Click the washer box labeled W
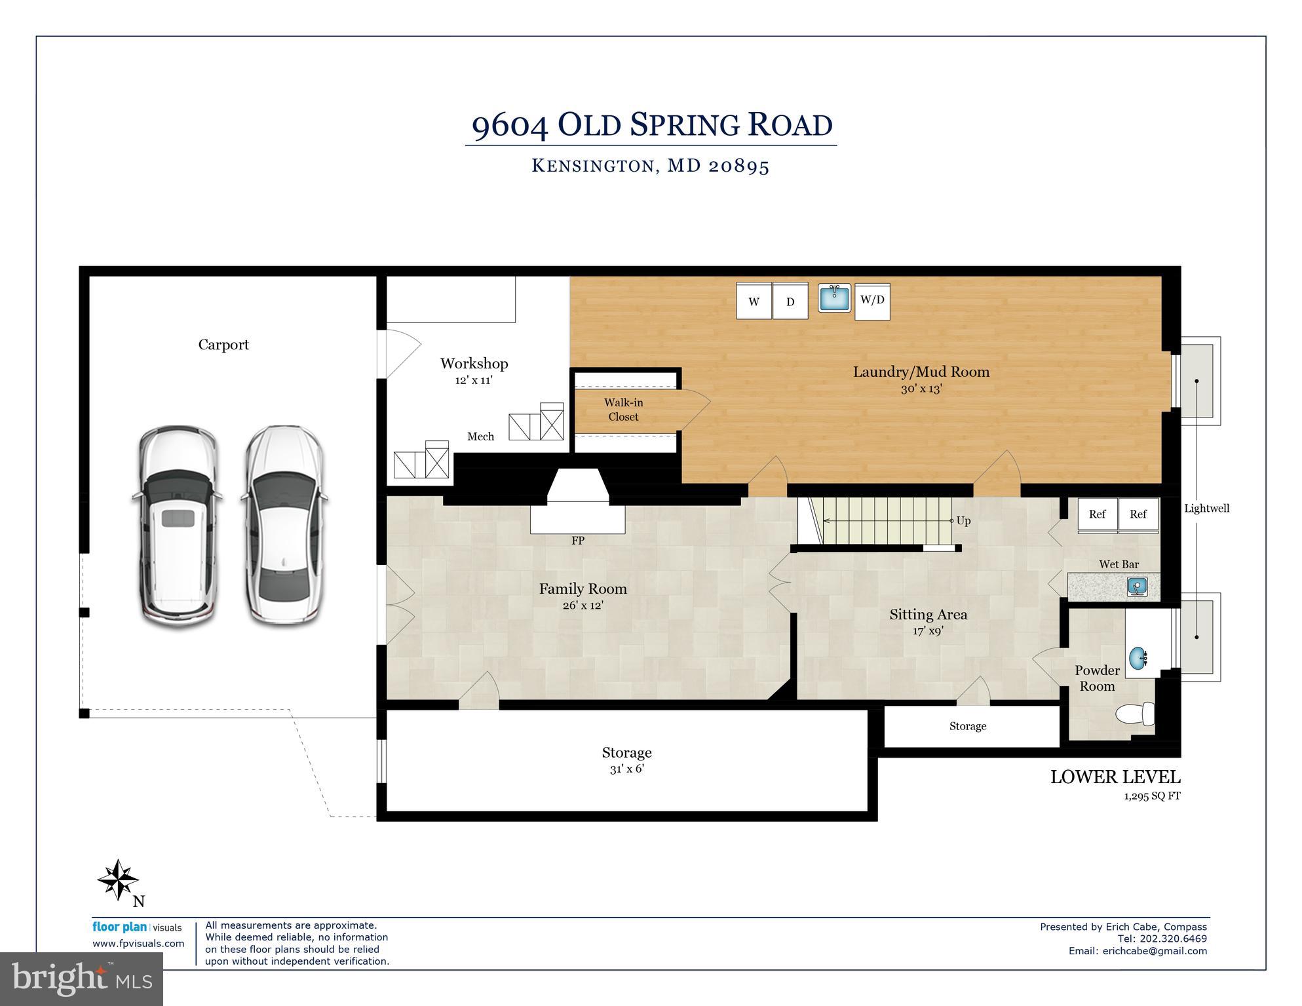tap(754, 301)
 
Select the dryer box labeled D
tap(790, 301)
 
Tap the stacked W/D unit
tap(872, 301)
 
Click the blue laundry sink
tap(834, 298)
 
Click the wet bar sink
tap(1137, 587)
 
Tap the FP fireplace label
tap(577, 541)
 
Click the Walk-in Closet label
tap(623, 410)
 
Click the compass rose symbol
tap(118, 880)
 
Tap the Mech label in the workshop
tap(480, 436)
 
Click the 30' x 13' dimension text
tap(921, 389)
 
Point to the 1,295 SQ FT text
tap(1151, 796)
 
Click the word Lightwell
tap(1206, 508)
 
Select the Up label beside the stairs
tap(963, 520)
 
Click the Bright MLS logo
tap(81, 978)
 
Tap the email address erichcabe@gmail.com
tap(1155, 951)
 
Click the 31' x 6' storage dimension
tap(626, 769)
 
